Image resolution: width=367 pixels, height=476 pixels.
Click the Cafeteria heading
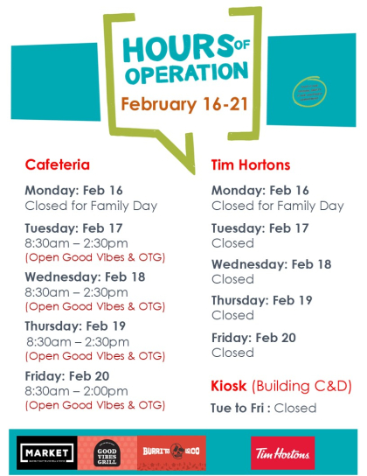58,164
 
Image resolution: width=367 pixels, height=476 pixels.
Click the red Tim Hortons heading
251,164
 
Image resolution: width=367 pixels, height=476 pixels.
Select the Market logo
45,452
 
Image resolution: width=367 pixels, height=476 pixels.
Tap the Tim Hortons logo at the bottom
281,452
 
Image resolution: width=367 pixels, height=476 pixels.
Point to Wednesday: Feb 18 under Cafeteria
86,276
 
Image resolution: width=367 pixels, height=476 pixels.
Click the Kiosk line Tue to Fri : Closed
264,408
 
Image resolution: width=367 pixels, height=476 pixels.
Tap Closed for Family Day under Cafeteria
91,206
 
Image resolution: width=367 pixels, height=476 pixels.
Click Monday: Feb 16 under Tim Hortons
260,190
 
